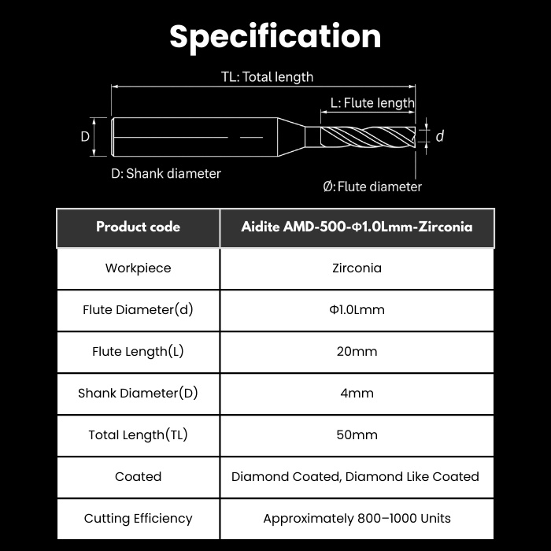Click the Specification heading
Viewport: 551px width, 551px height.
point(275,37)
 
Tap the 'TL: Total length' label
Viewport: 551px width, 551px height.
point(267,77)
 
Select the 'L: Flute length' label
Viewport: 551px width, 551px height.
point(372,103)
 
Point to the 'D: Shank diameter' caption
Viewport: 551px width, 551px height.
point(166,174)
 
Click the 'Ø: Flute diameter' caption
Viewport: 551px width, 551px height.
point(372,187)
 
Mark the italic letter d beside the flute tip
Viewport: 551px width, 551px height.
point(439,136)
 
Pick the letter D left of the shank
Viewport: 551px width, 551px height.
point(85,136)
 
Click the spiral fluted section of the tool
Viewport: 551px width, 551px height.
point(368,137)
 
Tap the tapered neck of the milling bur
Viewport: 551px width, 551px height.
point(291,137)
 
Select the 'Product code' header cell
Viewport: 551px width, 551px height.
point(138,227)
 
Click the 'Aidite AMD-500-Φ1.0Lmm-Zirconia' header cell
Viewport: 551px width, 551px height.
point(357,227)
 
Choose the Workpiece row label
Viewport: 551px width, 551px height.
point(138,268)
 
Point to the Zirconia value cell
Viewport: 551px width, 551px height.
point(357,268)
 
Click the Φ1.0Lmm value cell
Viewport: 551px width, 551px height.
point(357,310)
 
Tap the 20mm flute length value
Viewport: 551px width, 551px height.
point(357,351)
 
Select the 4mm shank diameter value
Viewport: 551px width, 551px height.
point(357,394)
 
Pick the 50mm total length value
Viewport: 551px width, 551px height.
point(357,435)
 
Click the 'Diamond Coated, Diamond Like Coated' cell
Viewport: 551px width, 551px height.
point(355,477)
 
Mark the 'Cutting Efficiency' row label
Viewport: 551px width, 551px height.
point(138,519)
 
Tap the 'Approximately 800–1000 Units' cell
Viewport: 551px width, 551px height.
point(357,519)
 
